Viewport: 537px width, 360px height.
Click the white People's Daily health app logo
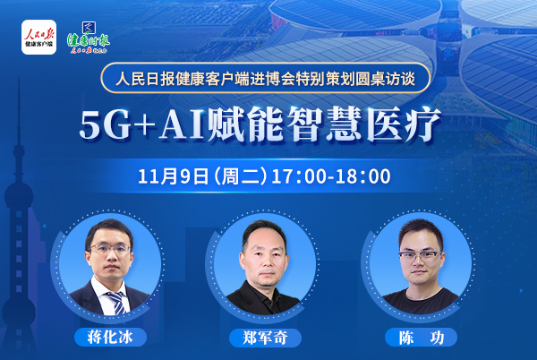point(38,37)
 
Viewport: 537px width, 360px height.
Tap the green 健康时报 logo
point(89,39)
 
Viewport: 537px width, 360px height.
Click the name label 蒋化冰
point(110,338)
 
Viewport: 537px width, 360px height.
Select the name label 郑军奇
point(265,338)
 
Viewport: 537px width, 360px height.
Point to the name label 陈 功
point(421,338)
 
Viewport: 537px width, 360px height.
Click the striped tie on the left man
point(116,303)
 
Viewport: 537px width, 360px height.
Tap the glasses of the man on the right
point(421,256)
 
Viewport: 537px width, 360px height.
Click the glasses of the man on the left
point(110,249)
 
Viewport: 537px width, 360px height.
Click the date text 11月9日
point(174,176)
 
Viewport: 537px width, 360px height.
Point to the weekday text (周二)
point(240,176)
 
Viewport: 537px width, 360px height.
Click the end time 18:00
point(364,176)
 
